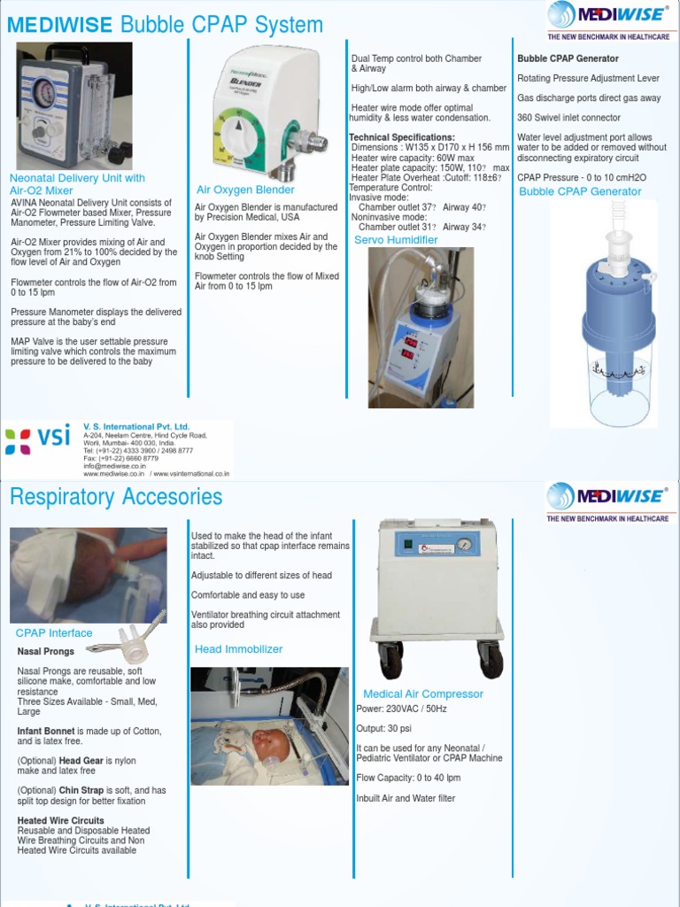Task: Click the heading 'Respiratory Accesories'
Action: [116, 497]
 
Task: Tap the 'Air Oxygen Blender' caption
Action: [245, 190]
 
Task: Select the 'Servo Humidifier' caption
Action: [396, 240]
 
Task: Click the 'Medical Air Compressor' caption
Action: [423, 694]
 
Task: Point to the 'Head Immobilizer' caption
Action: [238, 649]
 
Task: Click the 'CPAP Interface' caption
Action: [54, 633]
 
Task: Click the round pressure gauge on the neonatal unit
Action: [42, 91]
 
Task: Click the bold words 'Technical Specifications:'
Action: [402, 137]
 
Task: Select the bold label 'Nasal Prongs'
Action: [46, 652]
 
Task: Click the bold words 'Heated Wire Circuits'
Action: [61, 821]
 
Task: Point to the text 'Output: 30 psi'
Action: [385, 729]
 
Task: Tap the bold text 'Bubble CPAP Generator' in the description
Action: [568, 58]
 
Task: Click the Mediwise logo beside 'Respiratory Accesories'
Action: [607, 498]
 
